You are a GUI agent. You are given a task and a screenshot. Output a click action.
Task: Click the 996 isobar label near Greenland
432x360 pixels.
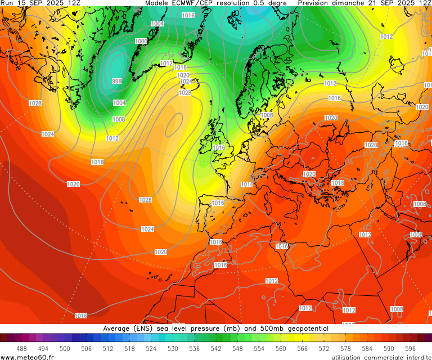pos(116,82)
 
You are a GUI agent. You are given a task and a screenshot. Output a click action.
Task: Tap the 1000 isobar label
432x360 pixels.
pos(141,42)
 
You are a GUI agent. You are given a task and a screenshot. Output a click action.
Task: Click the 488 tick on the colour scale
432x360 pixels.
pos(21,349)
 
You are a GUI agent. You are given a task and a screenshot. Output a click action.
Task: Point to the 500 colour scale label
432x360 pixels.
pos(65,349)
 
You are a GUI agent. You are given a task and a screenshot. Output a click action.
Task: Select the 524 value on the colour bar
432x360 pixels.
pos(151,349)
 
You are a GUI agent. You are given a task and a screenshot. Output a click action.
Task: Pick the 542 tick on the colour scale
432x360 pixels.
pos(216,349)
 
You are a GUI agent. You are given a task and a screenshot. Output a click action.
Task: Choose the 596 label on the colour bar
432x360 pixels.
pos(411,349)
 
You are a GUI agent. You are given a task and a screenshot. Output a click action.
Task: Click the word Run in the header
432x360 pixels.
pos(7,3)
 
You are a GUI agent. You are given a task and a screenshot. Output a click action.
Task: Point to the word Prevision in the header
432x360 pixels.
pos(318,3)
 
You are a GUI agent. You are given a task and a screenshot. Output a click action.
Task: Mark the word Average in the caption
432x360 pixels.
pos(117,328)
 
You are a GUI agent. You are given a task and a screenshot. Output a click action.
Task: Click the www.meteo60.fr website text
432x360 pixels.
pos(28,357)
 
